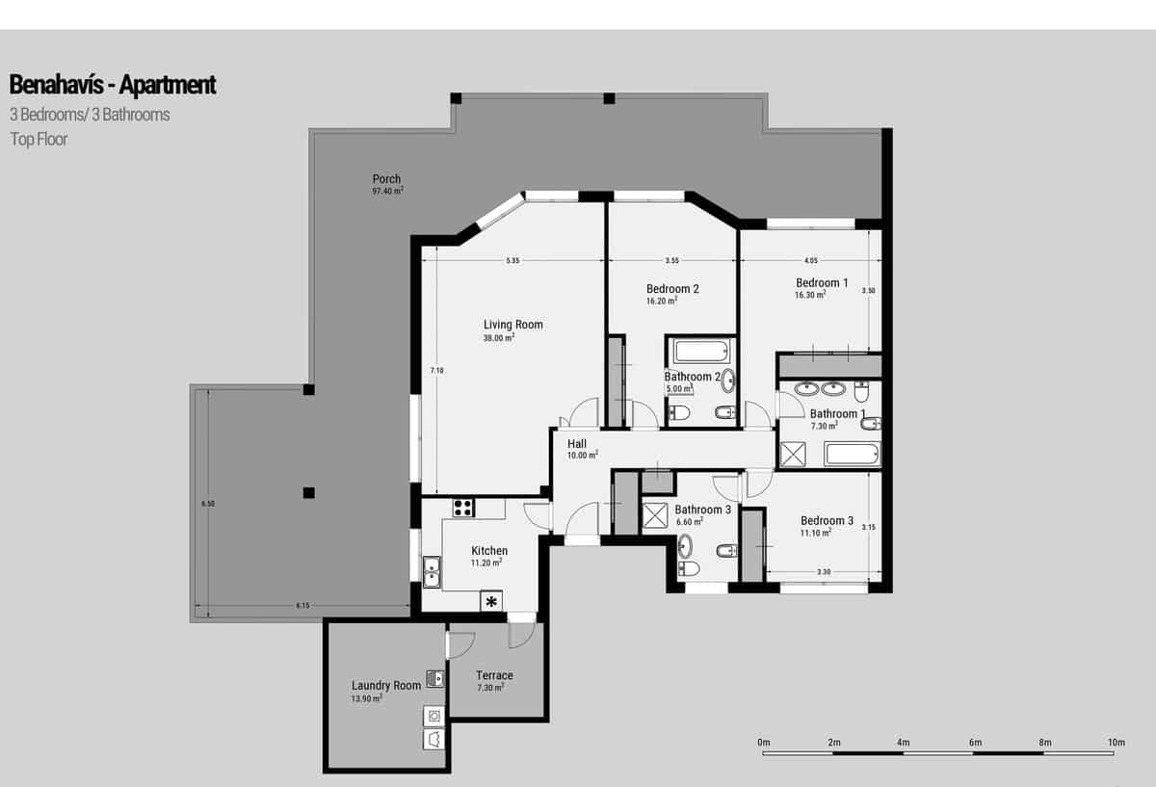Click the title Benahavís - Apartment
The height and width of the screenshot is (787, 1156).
point(113,85)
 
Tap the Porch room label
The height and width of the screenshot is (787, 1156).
point(386,179)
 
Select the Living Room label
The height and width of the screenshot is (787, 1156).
point(512,325)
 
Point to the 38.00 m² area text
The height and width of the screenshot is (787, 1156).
point(498,338)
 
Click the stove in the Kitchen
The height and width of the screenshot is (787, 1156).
point(462,508)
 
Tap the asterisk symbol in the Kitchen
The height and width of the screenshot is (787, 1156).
point(491,602)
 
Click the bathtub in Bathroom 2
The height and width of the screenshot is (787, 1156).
point(700,350)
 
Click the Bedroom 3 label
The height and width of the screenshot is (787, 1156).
point(827,521)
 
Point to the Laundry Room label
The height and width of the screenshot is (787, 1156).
point(386,686)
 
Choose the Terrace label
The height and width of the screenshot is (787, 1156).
point(494,675)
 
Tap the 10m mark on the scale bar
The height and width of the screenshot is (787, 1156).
point(1117,743)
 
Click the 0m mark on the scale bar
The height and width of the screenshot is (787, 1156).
point(764,743)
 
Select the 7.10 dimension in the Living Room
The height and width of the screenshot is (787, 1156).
point(435,370)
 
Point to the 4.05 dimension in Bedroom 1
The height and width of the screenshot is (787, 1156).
point(810,260)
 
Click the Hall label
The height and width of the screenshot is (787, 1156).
point(577,443)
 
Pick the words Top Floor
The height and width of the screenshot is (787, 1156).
point(39,139)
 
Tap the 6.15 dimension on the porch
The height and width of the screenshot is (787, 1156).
point(302,605)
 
